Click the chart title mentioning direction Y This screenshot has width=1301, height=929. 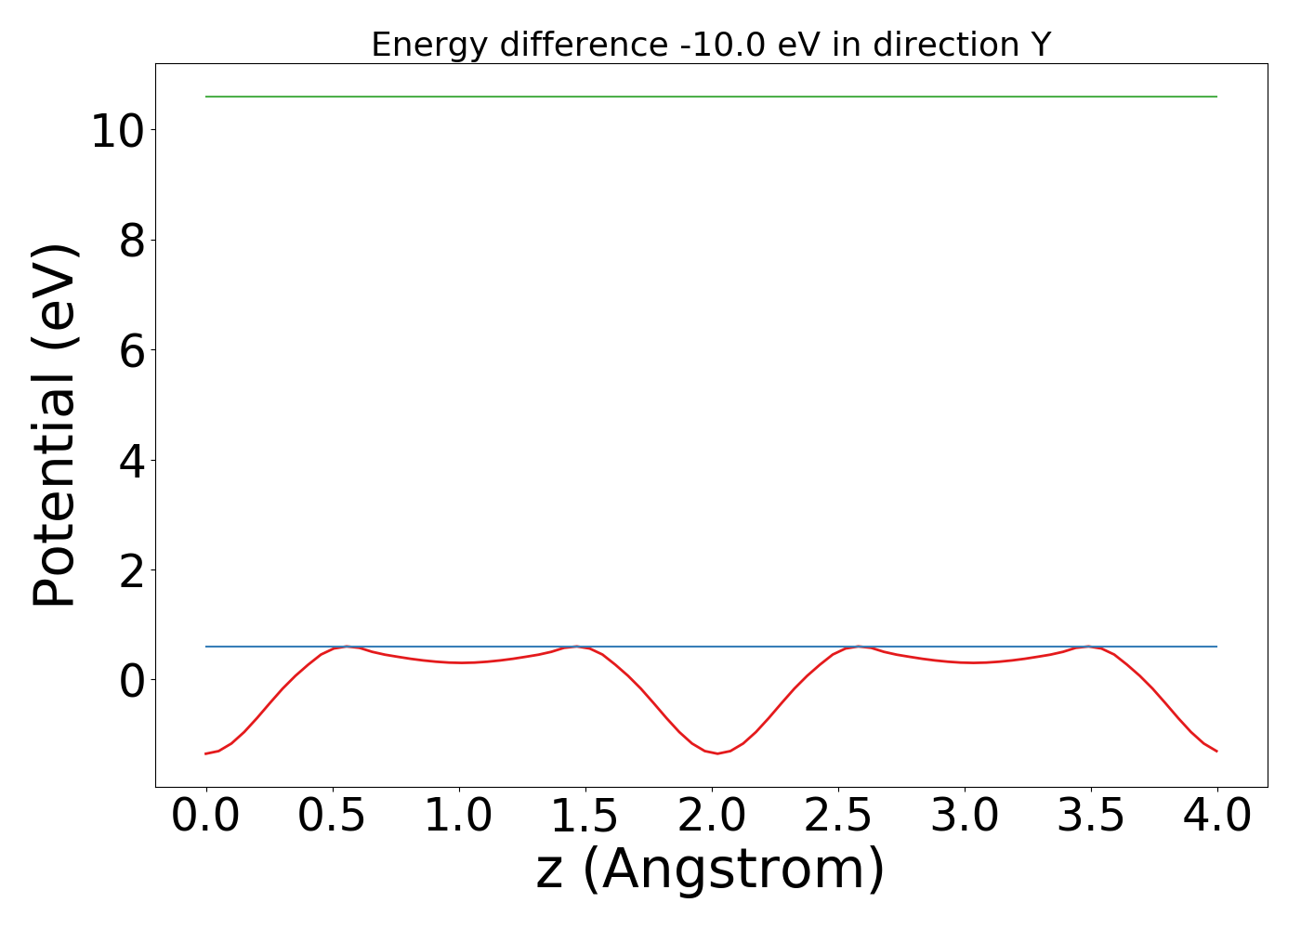click(711, 45)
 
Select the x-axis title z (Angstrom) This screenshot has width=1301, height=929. click(711, 870)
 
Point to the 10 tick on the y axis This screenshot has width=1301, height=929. click(116, 130)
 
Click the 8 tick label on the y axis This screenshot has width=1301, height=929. click(131, 241)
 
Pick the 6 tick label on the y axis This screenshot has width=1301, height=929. click(131, 350)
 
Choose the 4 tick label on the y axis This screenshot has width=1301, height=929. click(131, 461)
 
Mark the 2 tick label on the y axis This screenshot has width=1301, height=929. click(131, 570)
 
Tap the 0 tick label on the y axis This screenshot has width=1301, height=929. click(131, 680)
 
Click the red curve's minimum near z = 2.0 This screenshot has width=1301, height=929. click(716, 753)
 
